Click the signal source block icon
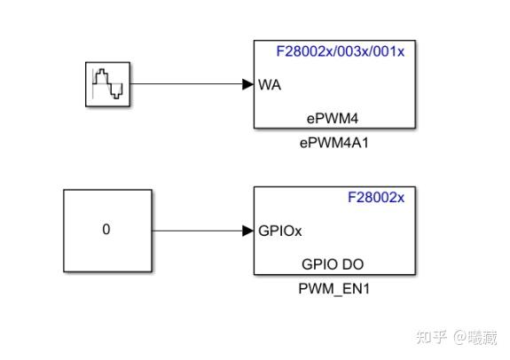coord(107,85)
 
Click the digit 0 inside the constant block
coord(106,230)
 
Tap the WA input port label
coord(269,86)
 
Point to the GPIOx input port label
coord(280,231)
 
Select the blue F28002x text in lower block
coord(375,198)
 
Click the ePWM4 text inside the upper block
coord(333,117)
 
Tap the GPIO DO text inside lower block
coord(333,263)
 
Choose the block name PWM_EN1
coord(333,287)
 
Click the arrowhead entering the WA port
coord(247,85)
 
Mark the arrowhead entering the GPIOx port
coord(247,231)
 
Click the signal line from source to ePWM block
coord(186,85)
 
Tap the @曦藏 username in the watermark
coord(475,337)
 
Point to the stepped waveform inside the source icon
coord(108,85)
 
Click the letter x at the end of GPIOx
coord(298,231)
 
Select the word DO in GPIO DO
coord(352,263)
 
